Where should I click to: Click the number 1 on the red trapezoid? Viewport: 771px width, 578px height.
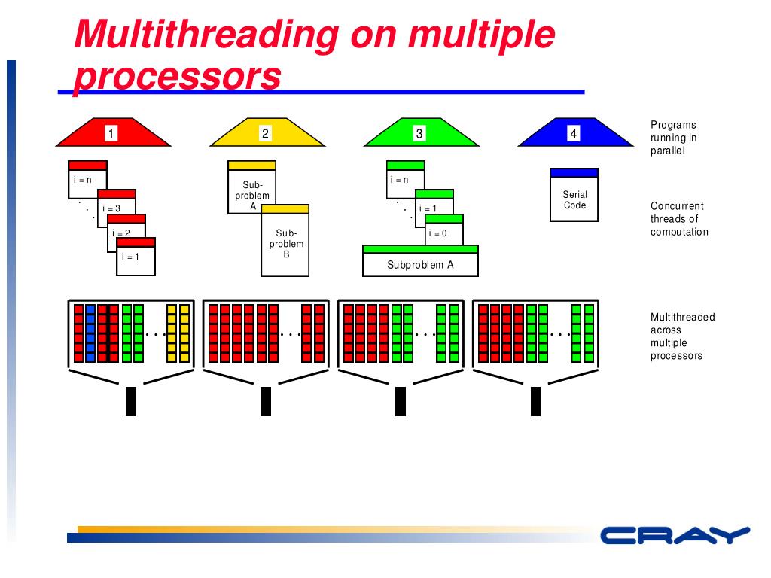click(x=111, y=134)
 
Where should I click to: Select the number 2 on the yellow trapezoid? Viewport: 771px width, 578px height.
click(x=265, y=134)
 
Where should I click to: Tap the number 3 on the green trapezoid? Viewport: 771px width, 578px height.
click(x=419, y=134)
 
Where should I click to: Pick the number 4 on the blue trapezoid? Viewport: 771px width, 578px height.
click(x=574, y=134)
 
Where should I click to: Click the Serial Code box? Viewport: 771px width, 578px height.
click(x=574, y=199)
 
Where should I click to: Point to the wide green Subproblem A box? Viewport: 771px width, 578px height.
click(x=420, y=264)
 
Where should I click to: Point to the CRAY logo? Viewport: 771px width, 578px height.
click(x=675, y=535)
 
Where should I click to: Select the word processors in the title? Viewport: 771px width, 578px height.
click(x=178, y=76)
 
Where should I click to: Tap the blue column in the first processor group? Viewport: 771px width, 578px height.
click(x=90, y=332)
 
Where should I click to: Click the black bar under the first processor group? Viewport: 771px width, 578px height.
click(x=130, y=401)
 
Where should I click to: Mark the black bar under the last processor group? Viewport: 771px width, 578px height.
click(x=535, y=401)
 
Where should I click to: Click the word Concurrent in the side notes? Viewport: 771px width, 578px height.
click(x=677, y=206)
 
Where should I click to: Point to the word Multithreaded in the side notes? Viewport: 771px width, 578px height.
click(x=682, y=317)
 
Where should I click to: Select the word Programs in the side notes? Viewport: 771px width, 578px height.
click(x=673, y=125)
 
